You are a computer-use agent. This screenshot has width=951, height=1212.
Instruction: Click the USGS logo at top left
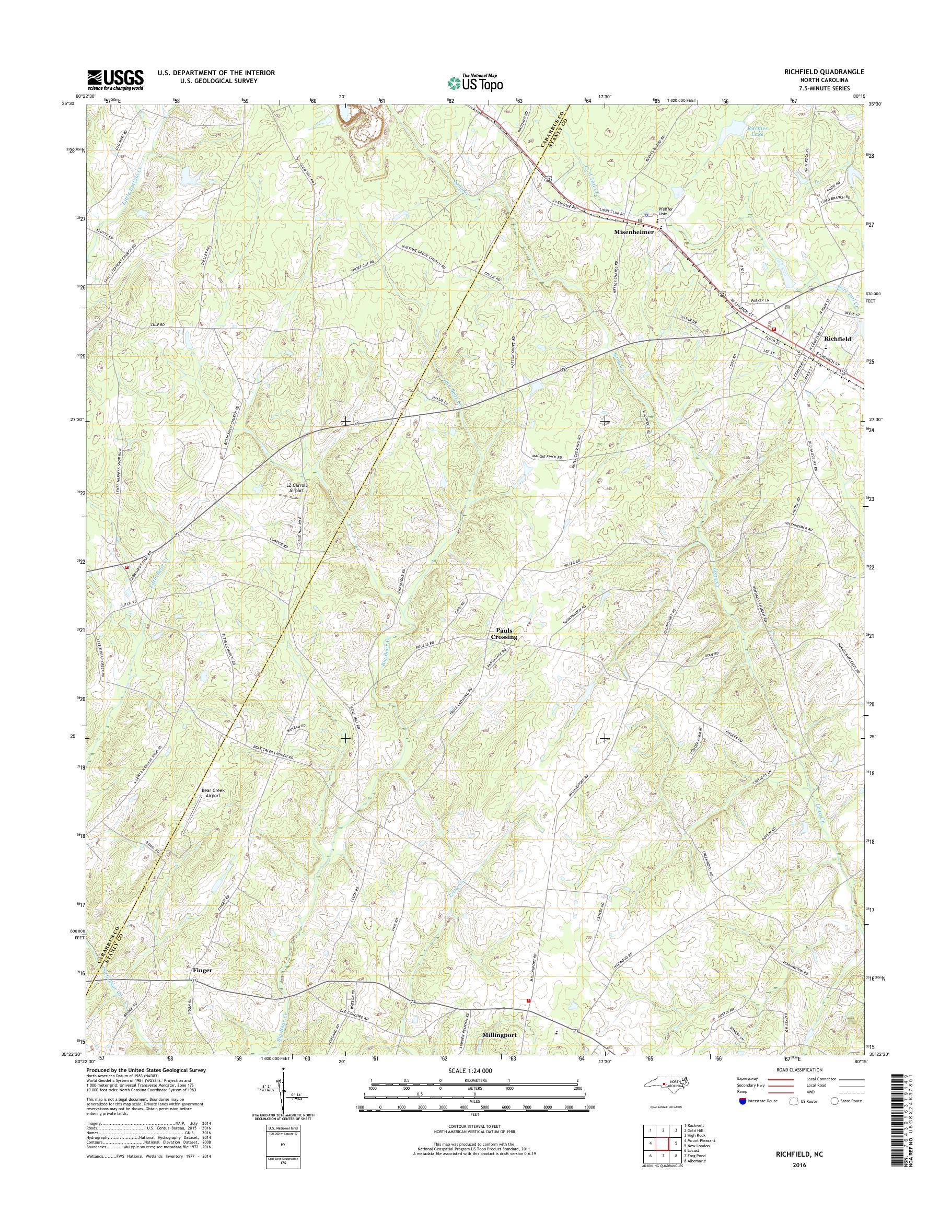tap(115, 79)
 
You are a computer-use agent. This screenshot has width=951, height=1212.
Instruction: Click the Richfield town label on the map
tap(838, 339)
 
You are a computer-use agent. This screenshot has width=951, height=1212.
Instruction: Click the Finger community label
tap(202, 970)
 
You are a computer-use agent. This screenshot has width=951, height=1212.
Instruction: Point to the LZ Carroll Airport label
tap(296, 488)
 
